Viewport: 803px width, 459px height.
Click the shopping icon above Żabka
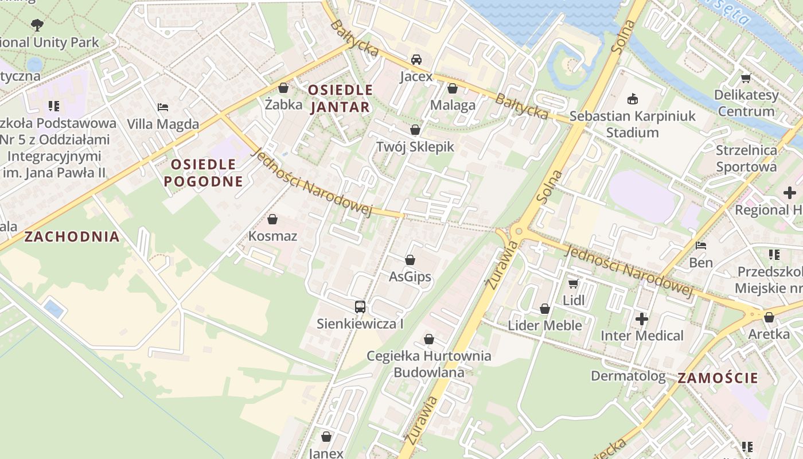tap(283, 88)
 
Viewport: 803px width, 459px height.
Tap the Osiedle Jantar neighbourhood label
tap(340, 99)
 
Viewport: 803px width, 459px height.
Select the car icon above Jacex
tap(416, 60)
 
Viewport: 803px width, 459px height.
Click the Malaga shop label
tap(453, 105)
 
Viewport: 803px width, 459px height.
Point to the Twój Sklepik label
tap(415, 147)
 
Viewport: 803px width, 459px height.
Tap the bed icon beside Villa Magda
tap(163, 107)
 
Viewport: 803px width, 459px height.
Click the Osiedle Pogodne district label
tap(203, 173)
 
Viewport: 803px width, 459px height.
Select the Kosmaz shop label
tap(272, 236)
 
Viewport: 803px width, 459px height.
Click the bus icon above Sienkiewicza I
tap(360, 307)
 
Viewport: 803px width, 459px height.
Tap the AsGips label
tap(410, 277)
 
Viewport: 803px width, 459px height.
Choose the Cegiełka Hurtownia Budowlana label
tap(428, 364)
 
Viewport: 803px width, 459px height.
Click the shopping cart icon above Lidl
tap(573, 283)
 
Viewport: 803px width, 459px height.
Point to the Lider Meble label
tap(544, 325)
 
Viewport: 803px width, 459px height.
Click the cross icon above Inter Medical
tap(642, 318)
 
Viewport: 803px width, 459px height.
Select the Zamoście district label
tap(718, 378)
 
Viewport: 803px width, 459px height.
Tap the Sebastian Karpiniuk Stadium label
tap(632, 124)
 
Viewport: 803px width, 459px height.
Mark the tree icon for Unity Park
tap(37, 25)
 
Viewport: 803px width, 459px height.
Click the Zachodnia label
tap(72, 236)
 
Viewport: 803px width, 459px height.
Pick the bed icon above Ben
tap(701, 246)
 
